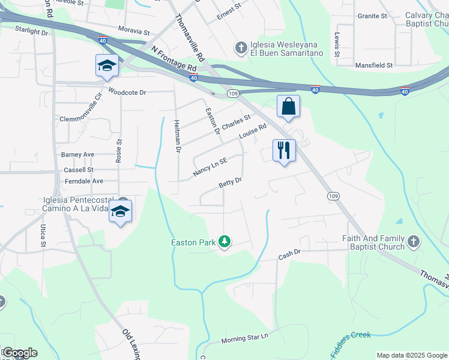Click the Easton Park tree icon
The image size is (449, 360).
coord(225,242)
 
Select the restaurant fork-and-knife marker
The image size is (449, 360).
coord(284,150)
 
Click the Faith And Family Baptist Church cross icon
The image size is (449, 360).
coord(412,241)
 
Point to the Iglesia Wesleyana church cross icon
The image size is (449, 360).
coord(241,47)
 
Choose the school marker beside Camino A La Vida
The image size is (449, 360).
coord(121,212)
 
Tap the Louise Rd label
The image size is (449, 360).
coord(252,132)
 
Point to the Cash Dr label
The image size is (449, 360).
coord(289,256)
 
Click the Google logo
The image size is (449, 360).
coord(20,353)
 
